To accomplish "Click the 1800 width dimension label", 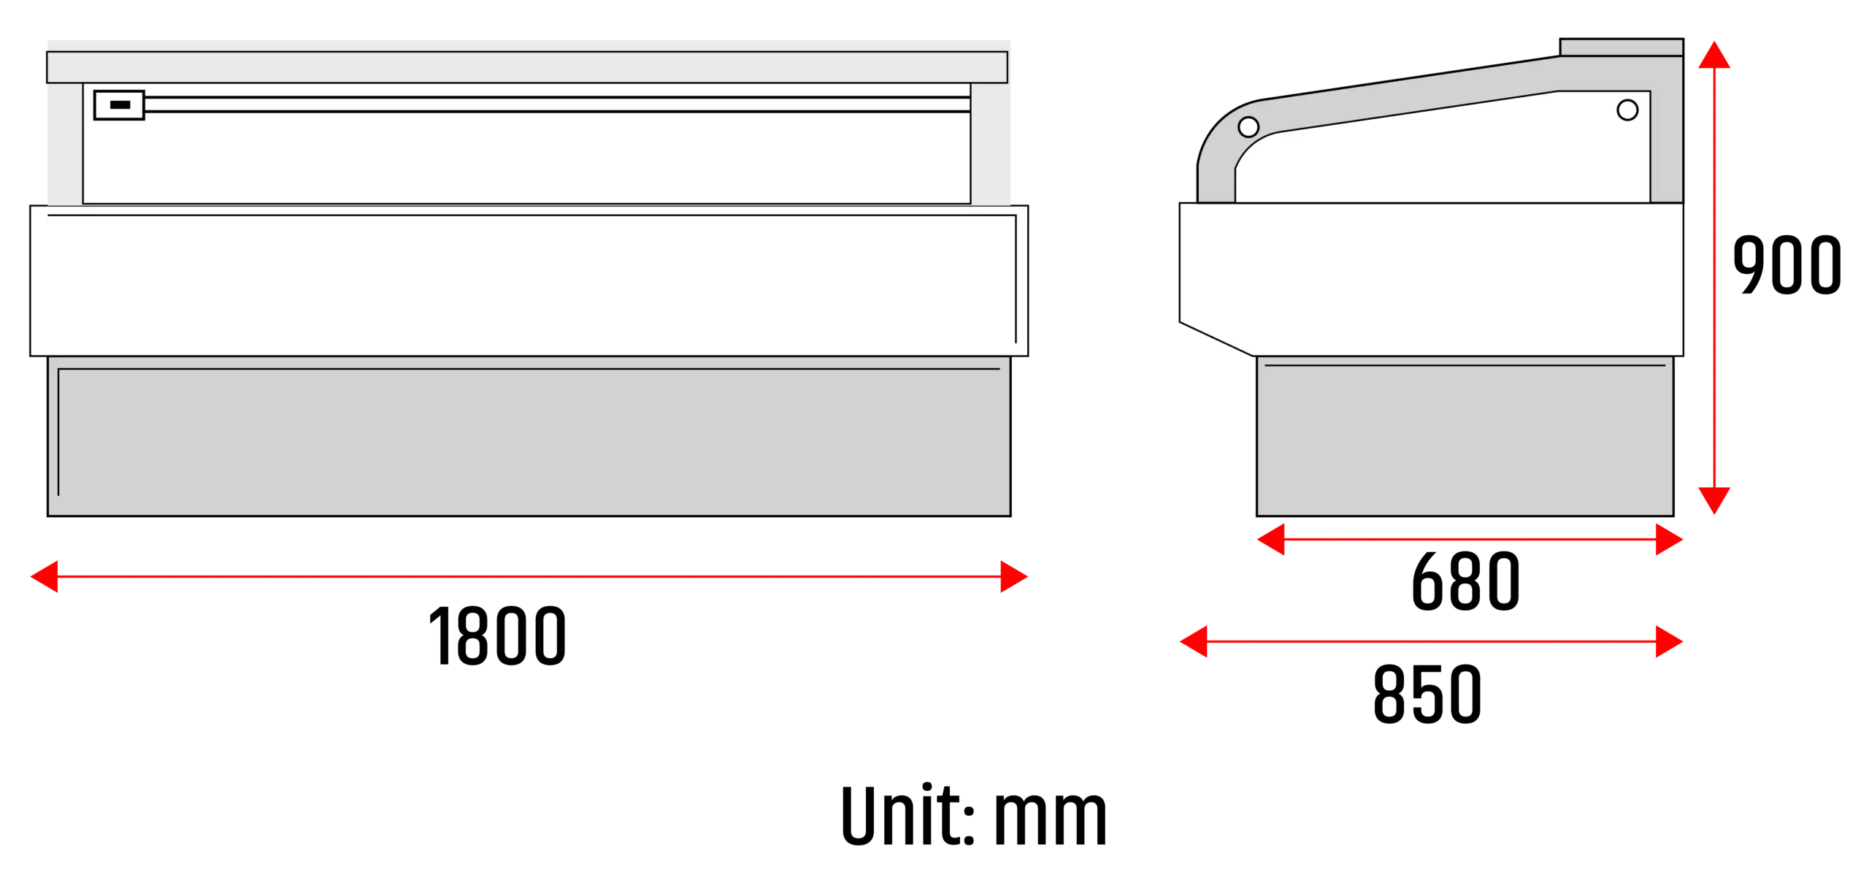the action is (497, 635).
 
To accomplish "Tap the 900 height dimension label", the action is (1787, 264).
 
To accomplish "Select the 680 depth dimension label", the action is (1466, 581).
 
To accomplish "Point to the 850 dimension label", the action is (1427, 694).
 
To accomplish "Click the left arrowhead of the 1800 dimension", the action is (44, 576).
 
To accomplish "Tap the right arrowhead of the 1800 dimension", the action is (1014, 576).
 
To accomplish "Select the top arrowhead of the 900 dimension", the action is (1714, 55).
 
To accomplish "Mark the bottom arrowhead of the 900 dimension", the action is (1714, 500).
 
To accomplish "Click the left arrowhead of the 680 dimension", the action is (1270, 539).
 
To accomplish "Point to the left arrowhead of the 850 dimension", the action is (1194, 641).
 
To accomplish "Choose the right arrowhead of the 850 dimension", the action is (1670, 641).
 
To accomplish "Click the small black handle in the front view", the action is (120, 104).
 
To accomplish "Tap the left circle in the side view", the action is (1248, 127).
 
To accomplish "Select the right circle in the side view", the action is (1627, 110).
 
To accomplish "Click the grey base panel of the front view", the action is (529, 436).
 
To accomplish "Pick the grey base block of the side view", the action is (1465, 436).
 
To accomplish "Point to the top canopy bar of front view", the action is (527, 67).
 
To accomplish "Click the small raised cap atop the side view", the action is (1622, 47).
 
